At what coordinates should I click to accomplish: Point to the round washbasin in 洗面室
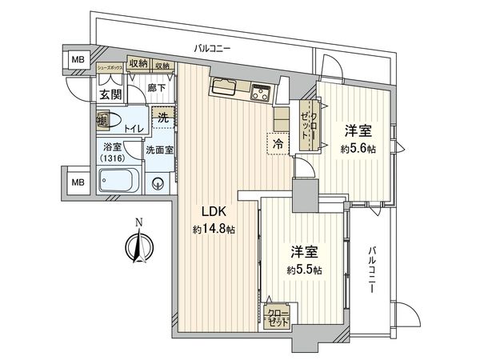(x=158, y=181)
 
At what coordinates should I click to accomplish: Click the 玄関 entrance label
(x=110, y=94)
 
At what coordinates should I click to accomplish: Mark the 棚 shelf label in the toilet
(x=102, y=121)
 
